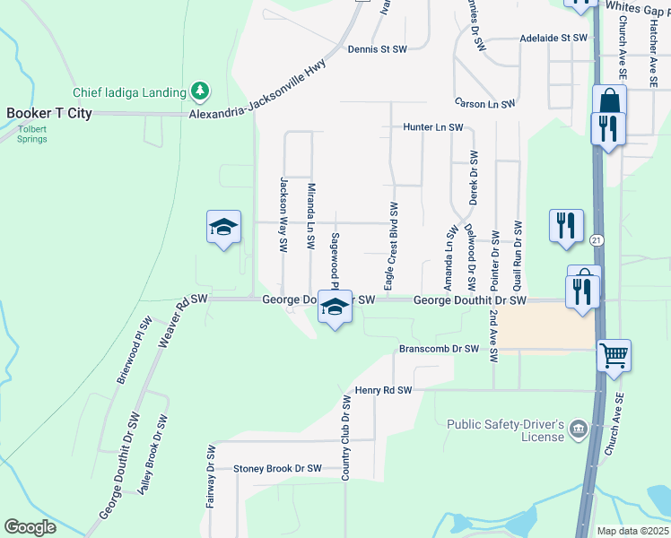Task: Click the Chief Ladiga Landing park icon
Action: point(200,91)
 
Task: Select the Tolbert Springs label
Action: point(31,134)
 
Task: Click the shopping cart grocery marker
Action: point(614,355)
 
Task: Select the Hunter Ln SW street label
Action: point(432,128)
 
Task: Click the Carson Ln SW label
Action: point(484,104)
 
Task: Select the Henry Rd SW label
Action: point(383,391)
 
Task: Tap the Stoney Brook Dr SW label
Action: point(277,469)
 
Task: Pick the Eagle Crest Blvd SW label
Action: point(392,246)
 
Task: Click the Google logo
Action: point(30,528)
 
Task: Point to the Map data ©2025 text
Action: point(632,531)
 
